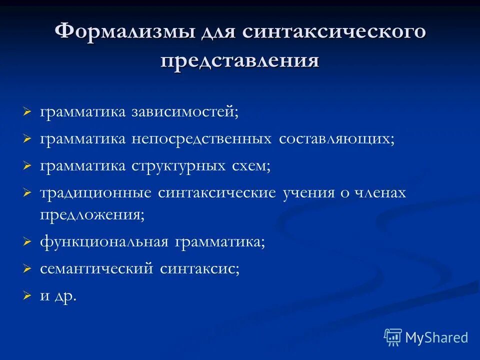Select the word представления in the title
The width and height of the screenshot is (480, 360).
pos(239,61)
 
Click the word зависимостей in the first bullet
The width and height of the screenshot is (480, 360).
pos(185,111)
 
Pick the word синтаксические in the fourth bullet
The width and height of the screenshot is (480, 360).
pos(216,193)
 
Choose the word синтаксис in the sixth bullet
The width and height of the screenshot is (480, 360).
pos(199,269)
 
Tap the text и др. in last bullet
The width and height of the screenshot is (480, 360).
pos(58,296)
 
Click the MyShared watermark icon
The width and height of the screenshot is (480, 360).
pos(393,337)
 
